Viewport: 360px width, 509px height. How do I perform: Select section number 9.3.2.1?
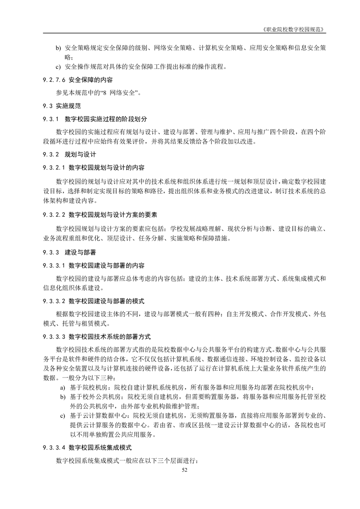pos(54,167)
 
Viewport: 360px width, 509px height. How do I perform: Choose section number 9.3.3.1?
pos(54,264)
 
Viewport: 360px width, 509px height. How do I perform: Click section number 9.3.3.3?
pos(54,337)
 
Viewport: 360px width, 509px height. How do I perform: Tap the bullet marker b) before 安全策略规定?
pos(58,47)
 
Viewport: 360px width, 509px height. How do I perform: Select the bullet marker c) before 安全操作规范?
pos(58,67)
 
